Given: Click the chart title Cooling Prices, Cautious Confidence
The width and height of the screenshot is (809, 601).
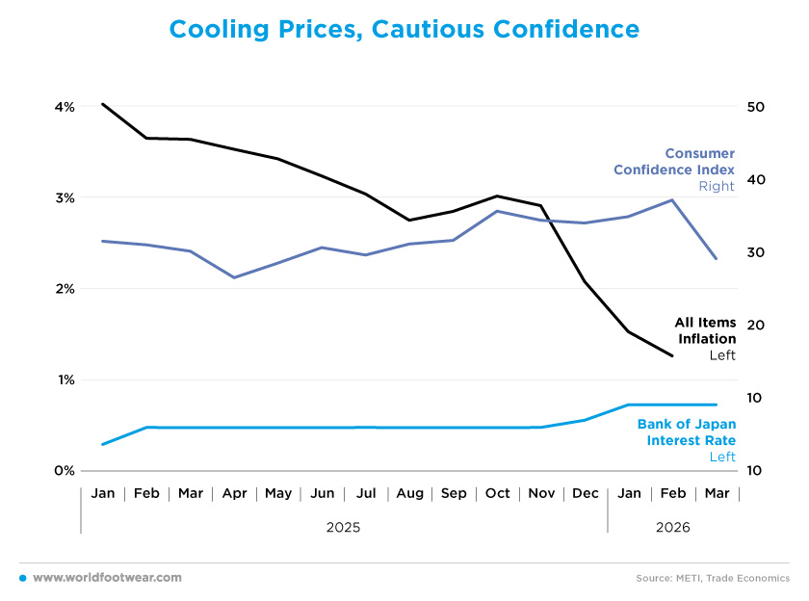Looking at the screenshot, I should (x=404, y=30).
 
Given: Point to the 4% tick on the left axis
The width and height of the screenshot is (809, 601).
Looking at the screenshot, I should (x=64, y=107).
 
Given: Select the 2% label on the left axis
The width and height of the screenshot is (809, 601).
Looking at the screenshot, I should (x=64, y=289).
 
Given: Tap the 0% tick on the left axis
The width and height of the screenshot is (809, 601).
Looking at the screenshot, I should (x=64, y=471).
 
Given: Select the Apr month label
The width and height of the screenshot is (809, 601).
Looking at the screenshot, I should (x=234, y=494).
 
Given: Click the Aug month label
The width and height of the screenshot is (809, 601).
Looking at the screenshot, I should (x=409, y=494).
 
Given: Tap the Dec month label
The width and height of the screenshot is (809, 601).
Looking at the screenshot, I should (x=585, y=494).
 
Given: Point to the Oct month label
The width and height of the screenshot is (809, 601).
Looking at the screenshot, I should (x=497, y=494).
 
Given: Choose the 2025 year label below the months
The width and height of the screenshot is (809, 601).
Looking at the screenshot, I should (x=344, y=528).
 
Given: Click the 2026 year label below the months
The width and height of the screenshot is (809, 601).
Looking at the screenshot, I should (x=672, y=528).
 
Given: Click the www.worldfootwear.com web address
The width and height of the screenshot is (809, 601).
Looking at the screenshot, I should (x=107, y=577).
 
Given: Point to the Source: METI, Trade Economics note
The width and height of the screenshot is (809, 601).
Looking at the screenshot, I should (x=713, y=578).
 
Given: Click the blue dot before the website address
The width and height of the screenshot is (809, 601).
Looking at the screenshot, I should (x=22, y=578).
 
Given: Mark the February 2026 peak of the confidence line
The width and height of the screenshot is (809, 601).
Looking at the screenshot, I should (x=672, y=200).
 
